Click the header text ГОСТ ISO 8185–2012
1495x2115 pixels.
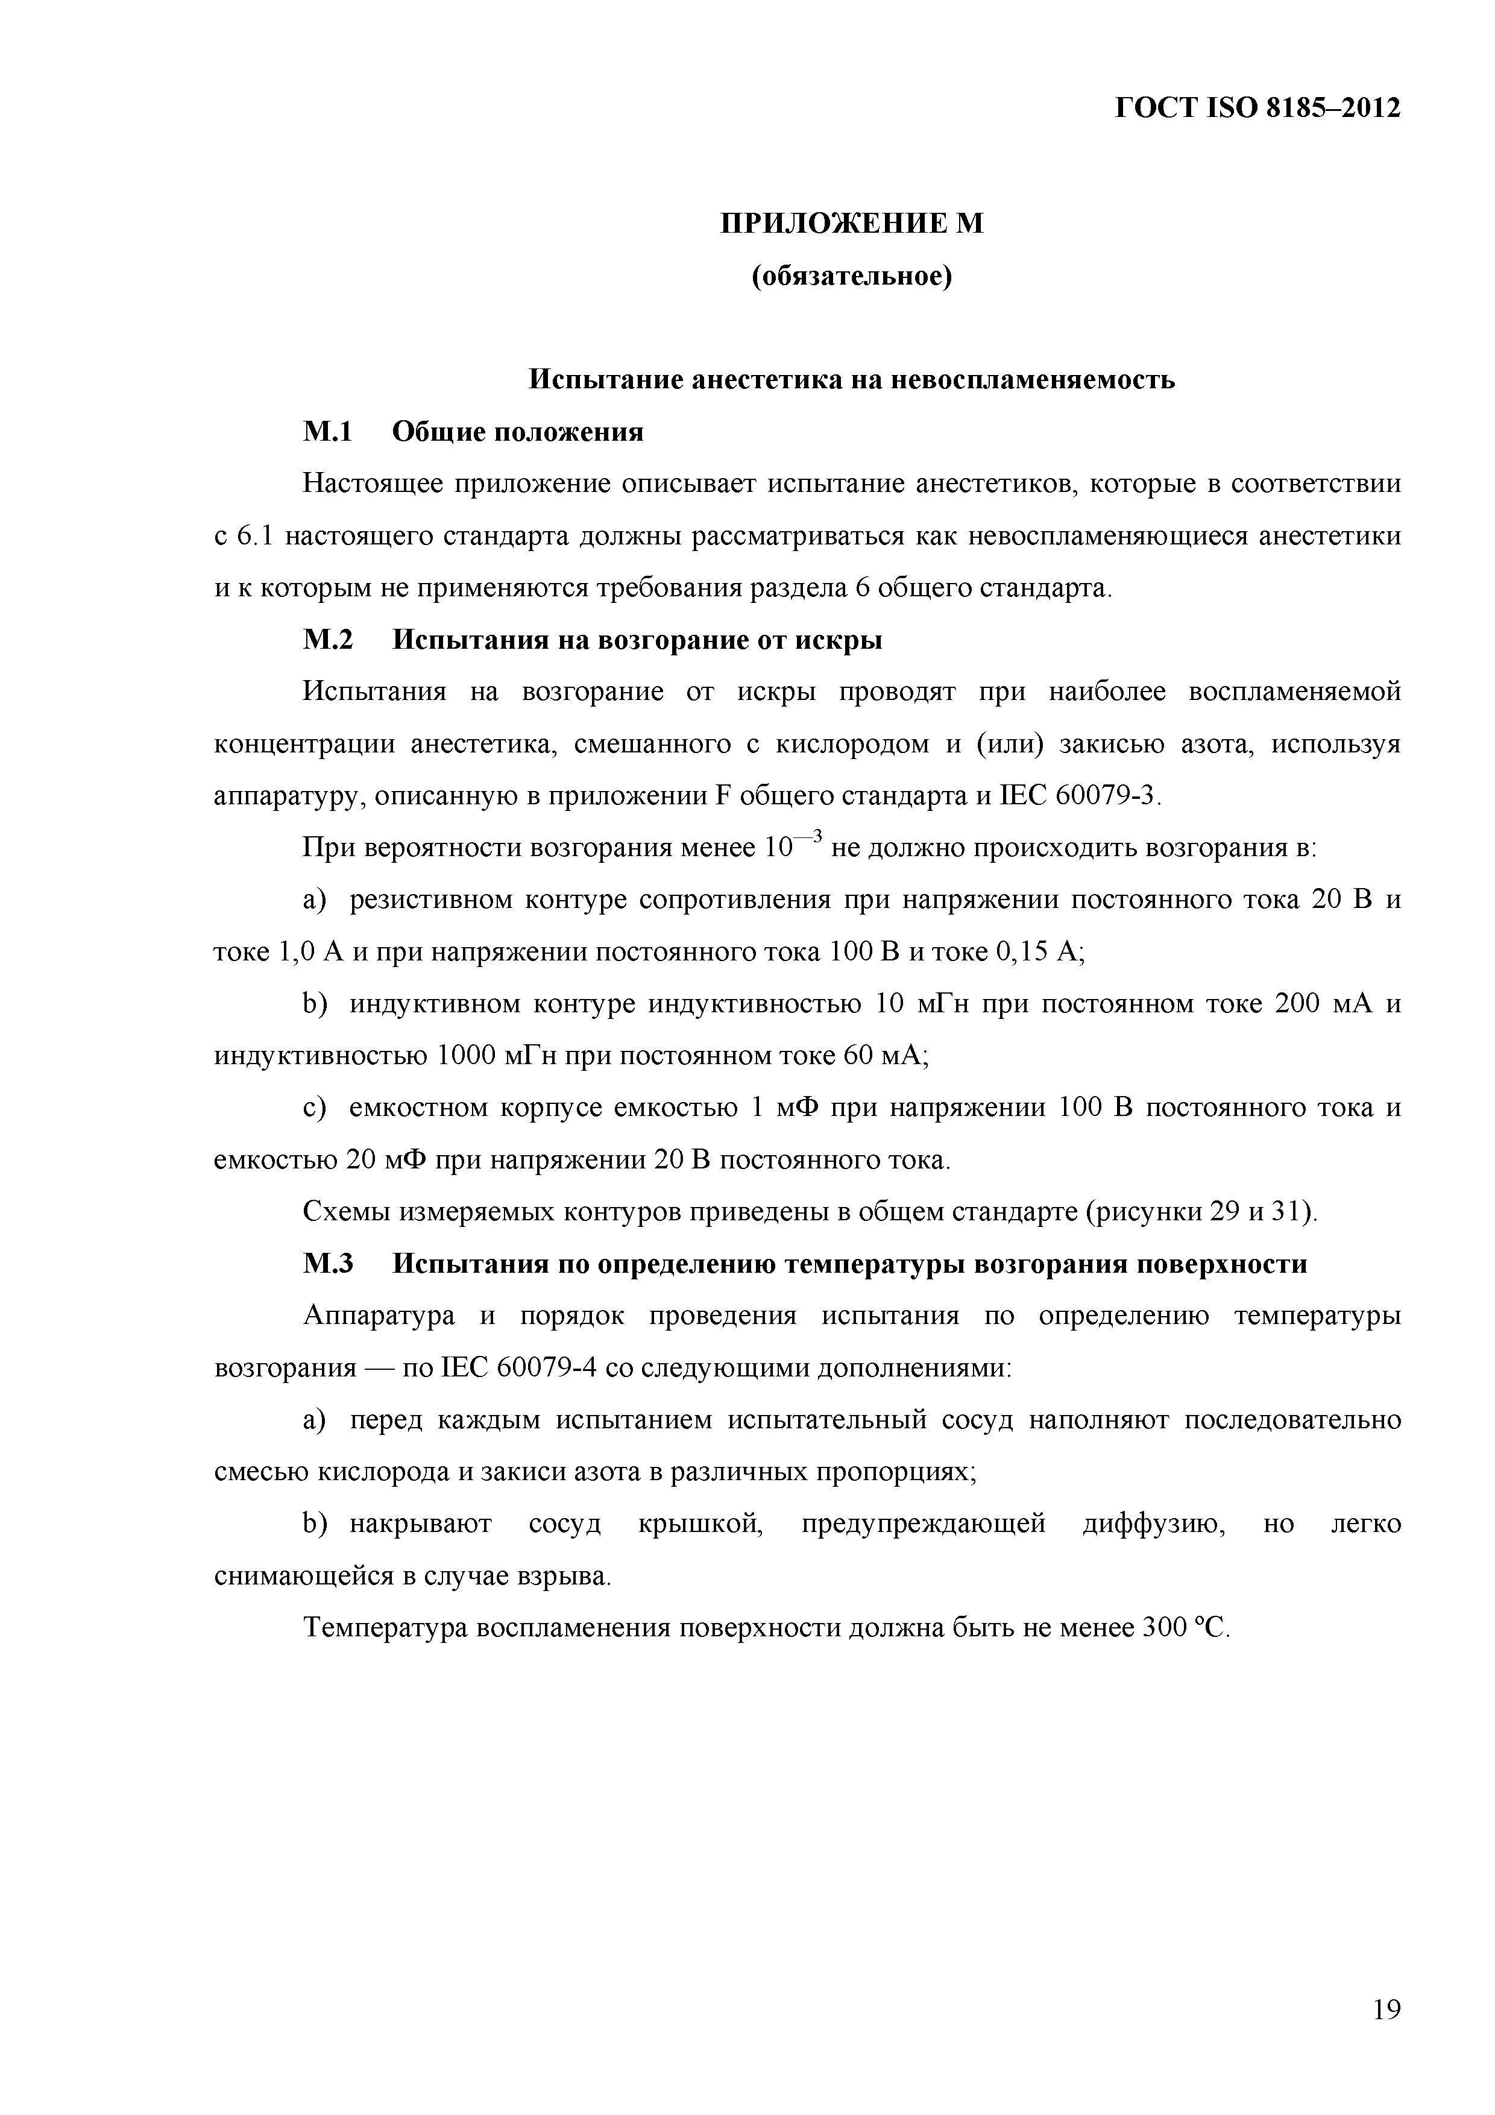(1257, 109)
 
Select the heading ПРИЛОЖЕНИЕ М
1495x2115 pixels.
(852, 224)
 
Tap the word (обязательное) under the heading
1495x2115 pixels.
(852, 276)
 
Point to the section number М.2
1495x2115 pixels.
(328, 639)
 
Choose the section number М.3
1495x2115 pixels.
(328, 1264)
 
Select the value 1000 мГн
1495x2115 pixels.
(496, 1056)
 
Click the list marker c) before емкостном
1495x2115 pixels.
(315, 1108)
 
